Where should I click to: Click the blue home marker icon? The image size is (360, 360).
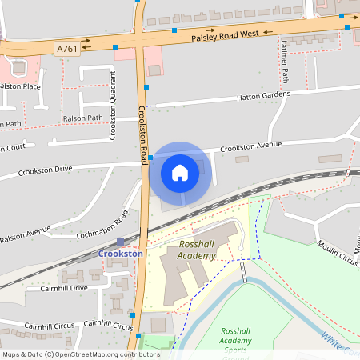(180, 172)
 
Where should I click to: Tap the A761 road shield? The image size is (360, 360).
(66, 49)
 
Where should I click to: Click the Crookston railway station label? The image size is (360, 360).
(121, 254)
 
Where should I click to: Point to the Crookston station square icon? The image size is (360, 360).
(121, 242)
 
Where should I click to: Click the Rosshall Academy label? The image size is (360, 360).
(198, 250)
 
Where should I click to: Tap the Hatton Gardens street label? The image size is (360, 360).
(263, 97)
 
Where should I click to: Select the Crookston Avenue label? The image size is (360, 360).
(251, 147)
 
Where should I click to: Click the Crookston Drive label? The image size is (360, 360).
(46, 170)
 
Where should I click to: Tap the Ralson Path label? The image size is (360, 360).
(83, 118)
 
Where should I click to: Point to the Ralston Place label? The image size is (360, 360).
(20, 86)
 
